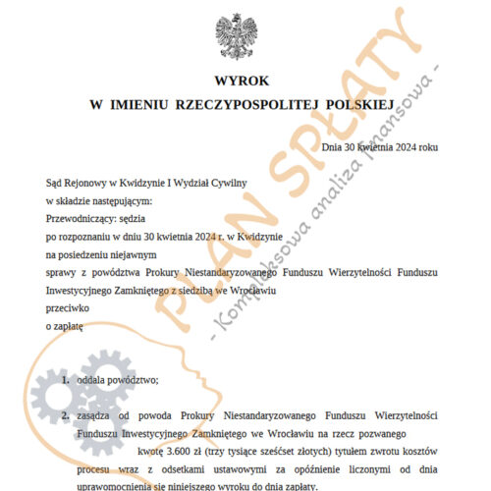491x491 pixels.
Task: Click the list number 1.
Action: (65, 380)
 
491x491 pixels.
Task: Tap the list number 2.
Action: (65, 416)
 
